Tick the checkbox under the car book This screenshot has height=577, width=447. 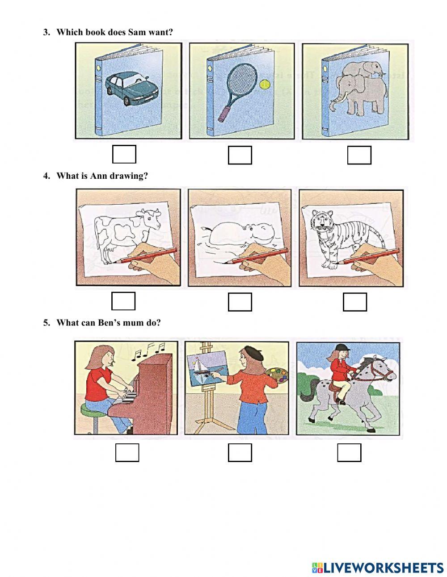(x=124, y=154)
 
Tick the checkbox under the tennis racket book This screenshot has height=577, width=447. (x=240, y=155)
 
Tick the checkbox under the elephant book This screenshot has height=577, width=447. (x=359, y=155)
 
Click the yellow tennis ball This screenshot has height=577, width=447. (x=265, y=84)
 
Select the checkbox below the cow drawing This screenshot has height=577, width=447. (x=123, y=301)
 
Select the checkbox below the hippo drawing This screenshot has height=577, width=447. (x=240, y=302)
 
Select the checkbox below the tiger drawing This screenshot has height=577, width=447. (x=355, y=302)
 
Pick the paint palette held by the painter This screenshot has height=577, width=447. (x=278, y=375)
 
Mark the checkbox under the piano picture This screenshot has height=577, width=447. (x=127, y=452)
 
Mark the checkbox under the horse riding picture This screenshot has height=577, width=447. (x=349, y=452)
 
